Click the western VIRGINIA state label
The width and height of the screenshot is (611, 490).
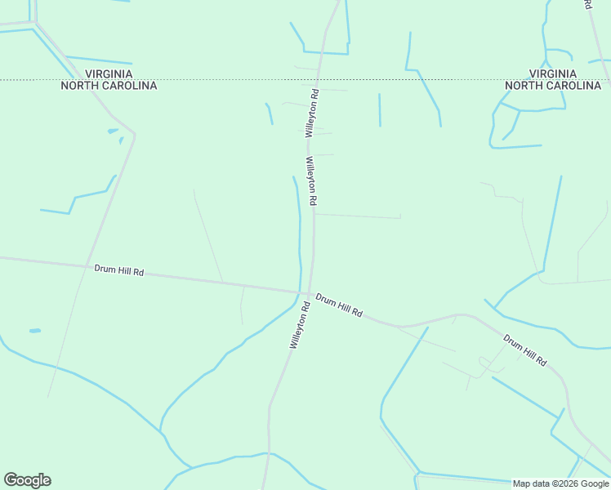pos(109,73)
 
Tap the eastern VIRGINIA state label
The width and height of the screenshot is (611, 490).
pos(552,73)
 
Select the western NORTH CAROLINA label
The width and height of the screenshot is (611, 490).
pos(109,85)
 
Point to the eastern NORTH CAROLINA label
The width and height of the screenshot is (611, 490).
pos(552,85)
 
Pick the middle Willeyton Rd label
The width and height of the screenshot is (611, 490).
pos(311,180)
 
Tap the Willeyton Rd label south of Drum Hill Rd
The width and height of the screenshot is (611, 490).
pos(299,326)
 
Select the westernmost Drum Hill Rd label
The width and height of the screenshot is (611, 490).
pos(118,269)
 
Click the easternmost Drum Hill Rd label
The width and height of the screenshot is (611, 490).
pos(524,350)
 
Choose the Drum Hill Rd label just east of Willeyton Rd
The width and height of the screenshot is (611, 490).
pos(339,305)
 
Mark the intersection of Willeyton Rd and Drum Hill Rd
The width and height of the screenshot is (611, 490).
pos(307,292)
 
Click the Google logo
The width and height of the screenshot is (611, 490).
pos(27,480)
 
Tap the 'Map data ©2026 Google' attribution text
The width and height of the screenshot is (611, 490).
pos(561,483)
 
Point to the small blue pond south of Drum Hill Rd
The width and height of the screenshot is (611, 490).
pos(35,331)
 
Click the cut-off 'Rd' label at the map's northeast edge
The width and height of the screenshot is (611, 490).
pos(587,4)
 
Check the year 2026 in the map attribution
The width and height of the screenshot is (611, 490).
pos(566,483)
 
